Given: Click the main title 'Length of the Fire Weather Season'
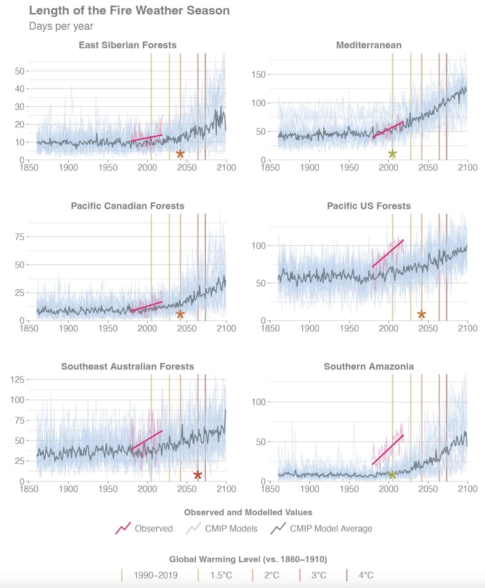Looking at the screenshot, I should tap(129, 11).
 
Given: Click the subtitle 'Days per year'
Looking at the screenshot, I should tap(61, 26).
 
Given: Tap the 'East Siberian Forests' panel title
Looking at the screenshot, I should tap(127, 45).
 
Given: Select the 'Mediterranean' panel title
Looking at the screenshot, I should tap(369, 45).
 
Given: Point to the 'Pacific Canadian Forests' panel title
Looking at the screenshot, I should tap(127, 206).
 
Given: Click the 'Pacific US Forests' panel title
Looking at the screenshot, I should tap(369, 206).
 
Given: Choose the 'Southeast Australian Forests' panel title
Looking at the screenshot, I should tap(127, 367).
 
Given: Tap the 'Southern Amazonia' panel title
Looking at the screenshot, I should tap(369, 367).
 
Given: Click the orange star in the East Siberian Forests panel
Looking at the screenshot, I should tap(180, 154).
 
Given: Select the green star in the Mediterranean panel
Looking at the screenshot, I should tap(392, 154).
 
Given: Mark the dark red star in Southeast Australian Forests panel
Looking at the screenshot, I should tap(197, 475).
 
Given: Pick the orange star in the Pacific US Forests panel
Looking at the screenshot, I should tap(421, 315).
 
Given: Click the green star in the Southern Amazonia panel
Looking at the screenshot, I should tap(392, 475).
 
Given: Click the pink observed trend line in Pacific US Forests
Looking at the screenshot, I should tap(388, 253).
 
